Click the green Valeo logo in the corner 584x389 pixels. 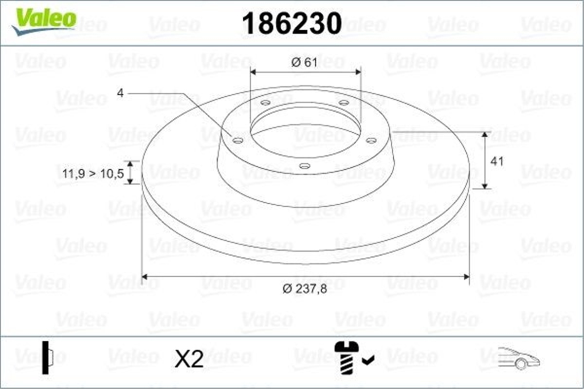coord(44,21)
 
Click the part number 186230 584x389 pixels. coord(292,23)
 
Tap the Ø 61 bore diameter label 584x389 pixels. coord(304,62)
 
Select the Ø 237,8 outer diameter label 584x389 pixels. coord(305,289)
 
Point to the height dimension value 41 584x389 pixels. coord(497,161)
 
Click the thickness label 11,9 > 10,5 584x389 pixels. coord(93,174)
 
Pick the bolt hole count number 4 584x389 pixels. coord(120,93)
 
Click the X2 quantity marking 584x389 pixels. coord(189,358)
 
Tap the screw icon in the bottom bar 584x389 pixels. coord(347,358)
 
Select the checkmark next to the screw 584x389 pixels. coord(368,360)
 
